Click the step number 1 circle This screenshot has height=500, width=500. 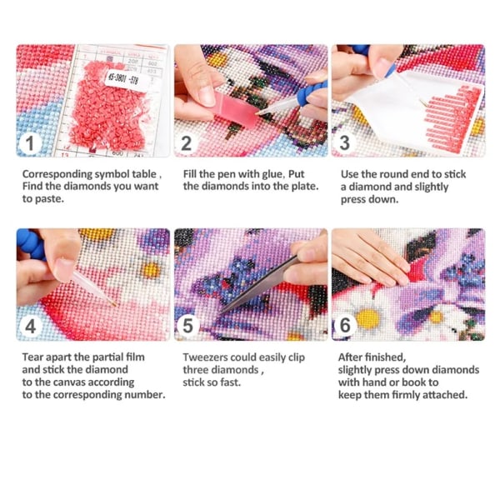[x=30, y=143]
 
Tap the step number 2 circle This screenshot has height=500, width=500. [x=187, y=143]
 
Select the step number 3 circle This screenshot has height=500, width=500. [x=344, y=142]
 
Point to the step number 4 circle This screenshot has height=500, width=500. [x=30, y=326]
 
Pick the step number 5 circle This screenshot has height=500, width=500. [x=187, y=326]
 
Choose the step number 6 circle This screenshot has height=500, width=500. [x=345, y=325]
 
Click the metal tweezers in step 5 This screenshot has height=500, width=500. [x=259, y=286]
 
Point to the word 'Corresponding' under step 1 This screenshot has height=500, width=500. [x=57, y=175]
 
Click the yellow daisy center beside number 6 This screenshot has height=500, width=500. [x=368, y=318]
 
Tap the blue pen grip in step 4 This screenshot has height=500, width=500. [x=31, y=244]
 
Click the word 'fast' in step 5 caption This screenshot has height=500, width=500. [x=230, y=382]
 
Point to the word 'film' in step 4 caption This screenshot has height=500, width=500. [x=135, y=357]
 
